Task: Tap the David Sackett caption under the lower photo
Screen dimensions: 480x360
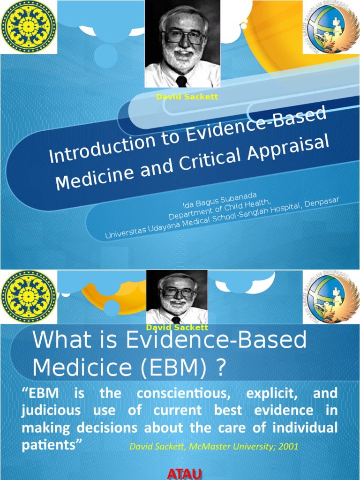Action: (177, 327)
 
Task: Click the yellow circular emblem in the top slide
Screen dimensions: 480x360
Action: (29, 27)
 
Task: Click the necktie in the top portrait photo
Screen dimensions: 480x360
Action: (181, 81)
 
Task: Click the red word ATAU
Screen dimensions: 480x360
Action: (184, 474)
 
